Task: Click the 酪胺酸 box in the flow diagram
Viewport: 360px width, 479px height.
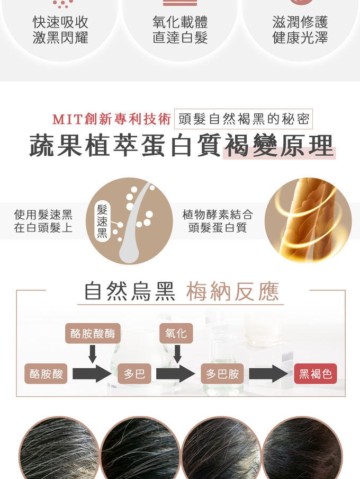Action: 46,374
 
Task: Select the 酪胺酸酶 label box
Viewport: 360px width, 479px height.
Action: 93,333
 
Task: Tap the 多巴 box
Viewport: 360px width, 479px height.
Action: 134,374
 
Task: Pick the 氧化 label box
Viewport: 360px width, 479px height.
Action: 176,333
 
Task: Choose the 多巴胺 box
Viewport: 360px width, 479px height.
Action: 222,374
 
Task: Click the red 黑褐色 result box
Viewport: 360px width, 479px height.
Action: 316,374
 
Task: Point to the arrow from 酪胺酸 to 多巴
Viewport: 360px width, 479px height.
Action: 92,374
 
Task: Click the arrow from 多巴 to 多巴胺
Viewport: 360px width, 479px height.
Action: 176,374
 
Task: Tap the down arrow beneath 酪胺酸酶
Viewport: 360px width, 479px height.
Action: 93,354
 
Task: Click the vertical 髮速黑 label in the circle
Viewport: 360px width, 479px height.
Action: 102,221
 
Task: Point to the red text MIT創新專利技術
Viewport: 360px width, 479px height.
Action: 112,119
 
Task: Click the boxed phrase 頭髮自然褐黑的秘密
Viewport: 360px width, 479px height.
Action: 244,119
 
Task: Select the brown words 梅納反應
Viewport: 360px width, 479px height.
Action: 232,291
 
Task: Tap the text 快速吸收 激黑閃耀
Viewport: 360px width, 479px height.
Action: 60,30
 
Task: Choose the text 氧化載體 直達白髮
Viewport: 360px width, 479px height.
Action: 180,30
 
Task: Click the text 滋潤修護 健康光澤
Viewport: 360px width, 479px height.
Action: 300,30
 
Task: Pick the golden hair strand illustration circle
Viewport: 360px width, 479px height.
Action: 308,221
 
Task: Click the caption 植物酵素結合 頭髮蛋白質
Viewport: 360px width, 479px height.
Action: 218,221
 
